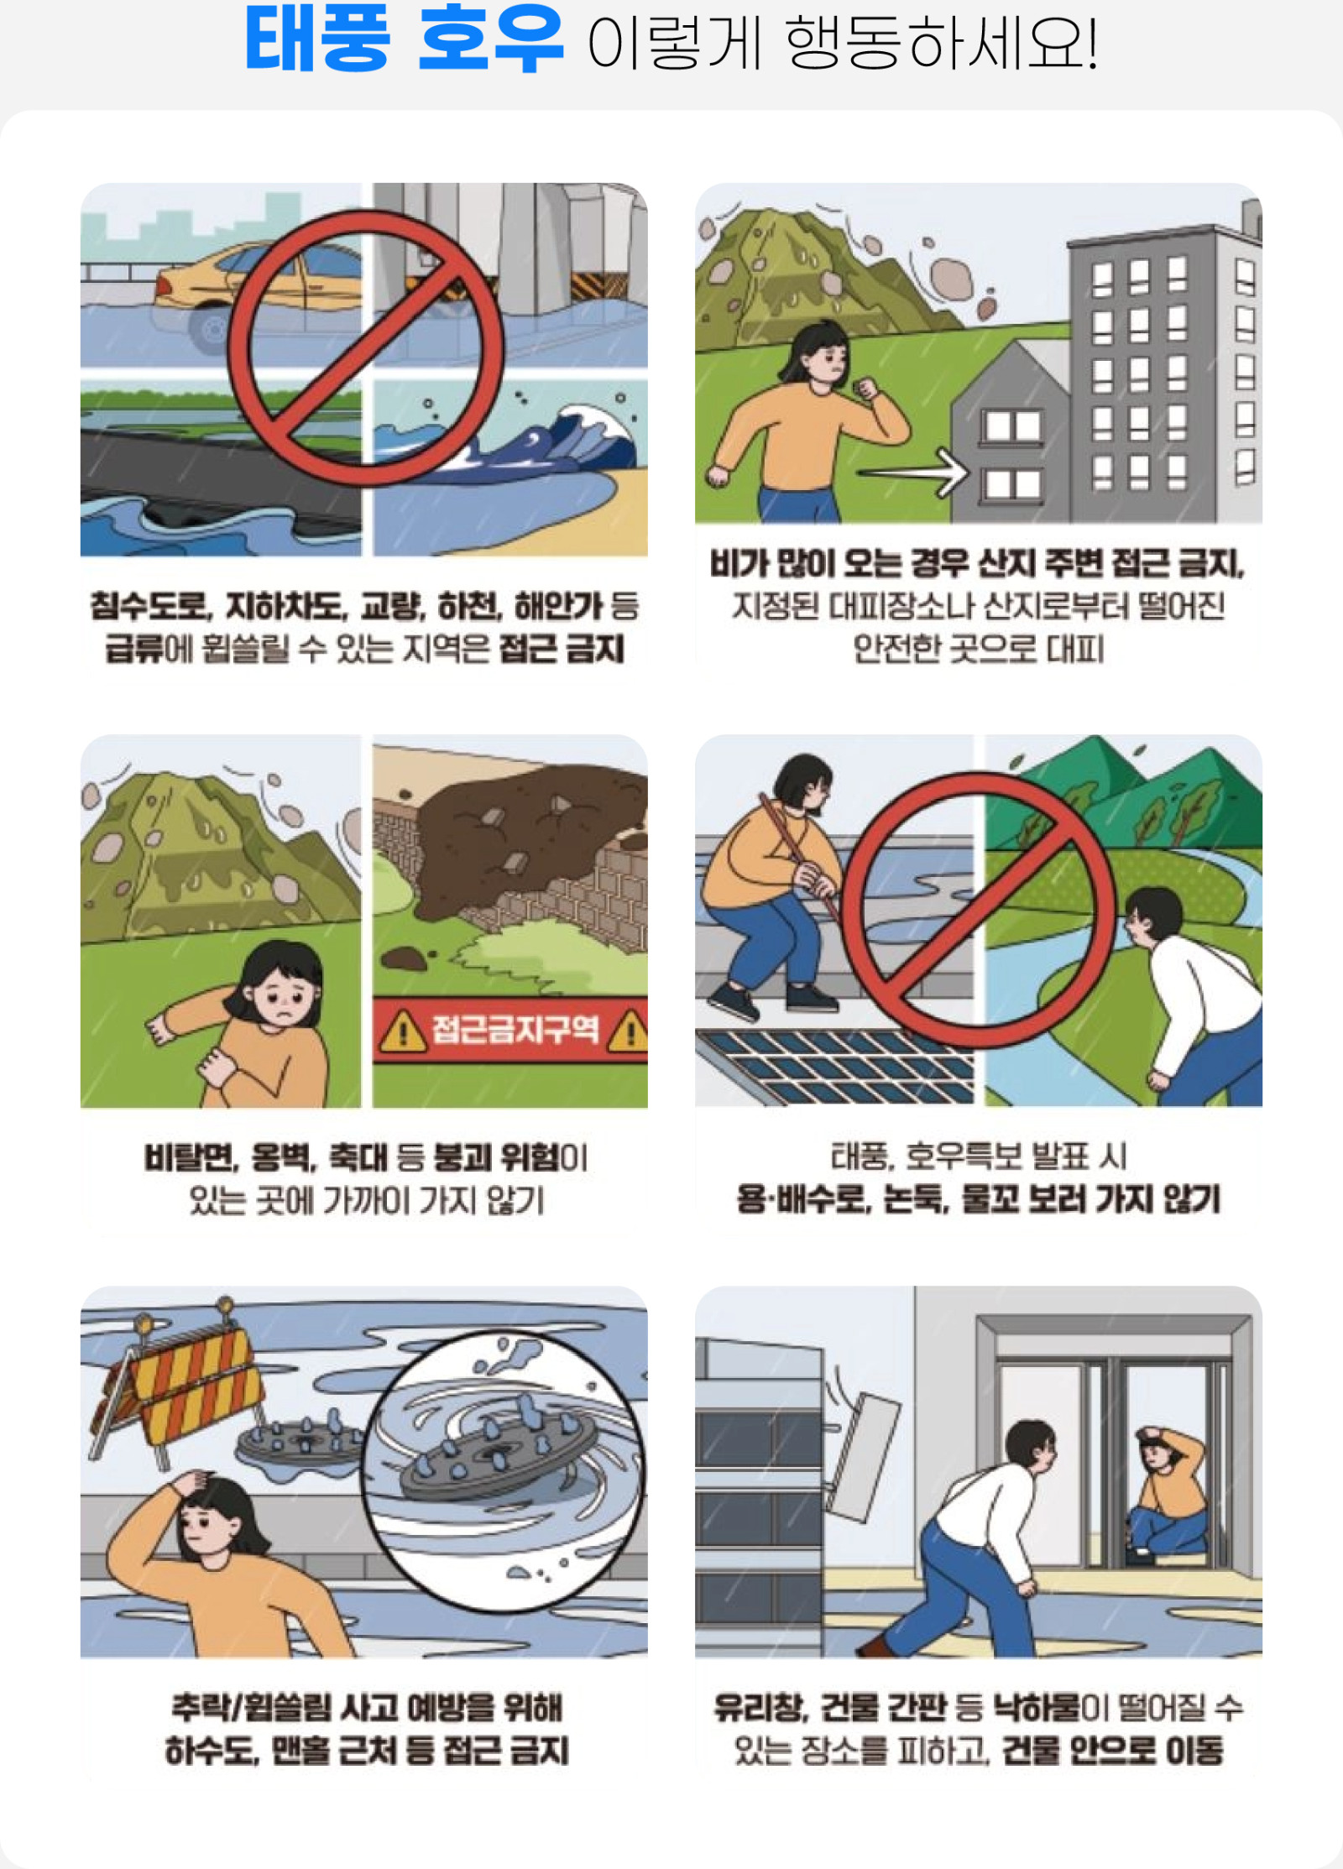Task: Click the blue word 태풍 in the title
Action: pos(317,38)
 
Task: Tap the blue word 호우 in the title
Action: pos(490,38)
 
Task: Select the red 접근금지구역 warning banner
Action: pos(510,1030)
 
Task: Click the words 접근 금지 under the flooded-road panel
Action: pos(562,649)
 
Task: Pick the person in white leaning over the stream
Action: pos(1195,999)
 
